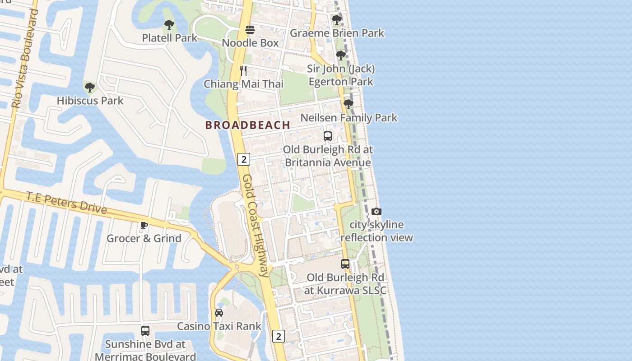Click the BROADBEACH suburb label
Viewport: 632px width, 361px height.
(247, 125)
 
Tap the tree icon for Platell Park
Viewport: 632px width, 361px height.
(169, 25)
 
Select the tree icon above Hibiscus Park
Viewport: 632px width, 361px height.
(89, 87)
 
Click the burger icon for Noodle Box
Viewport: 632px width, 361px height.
(250, 30)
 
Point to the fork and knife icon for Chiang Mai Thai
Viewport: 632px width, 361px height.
(243, 71)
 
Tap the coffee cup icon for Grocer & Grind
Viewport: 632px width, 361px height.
(144, 225)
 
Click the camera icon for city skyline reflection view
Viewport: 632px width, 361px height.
(376, 212)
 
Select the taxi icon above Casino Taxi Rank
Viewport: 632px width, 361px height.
(219, 313)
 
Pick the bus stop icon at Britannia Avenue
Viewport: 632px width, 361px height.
(328, 136)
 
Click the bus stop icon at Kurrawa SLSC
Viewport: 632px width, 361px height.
(345, 264)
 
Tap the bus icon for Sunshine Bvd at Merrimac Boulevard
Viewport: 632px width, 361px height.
(145, 331)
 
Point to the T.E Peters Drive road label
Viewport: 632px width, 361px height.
(66, 203)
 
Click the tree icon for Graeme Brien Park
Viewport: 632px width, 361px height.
(336, 20)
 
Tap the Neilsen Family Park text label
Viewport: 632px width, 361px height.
(349, 118)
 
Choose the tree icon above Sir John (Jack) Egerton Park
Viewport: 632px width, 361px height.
(341, 56)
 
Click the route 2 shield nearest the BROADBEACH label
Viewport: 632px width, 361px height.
(244, 159)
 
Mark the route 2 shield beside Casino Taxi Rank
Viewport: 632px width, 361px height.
(279, 336)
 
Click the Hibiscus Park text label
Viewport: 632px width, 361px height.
(90, 101)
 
